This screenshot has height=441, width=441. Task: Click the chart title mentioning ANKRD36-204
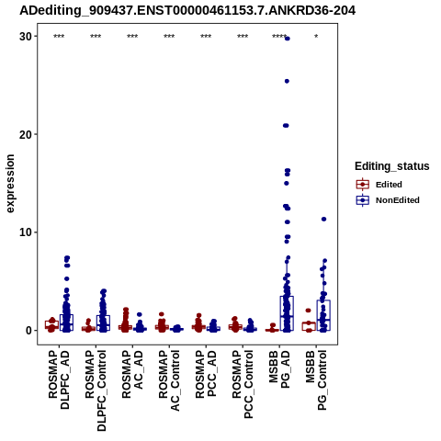[187, 11]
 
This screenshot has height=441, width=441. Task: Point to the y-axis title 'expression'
[10, 184]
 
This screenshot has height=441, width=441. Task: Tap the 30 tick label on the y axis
[26, 37]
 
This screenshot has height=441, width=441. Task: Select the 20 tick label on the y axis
[26, 134]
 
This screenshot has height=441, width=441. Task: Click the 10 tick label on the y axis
[26, 232]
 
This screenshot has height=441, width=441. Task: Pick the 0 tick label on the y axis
[28, 331]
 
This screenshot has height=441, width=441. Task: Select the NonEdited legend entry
[388, 200]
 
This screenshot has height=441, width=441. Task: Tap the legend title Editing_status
[392, 166]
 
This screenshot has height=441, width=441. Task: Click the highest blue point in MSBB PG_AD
[287, 39]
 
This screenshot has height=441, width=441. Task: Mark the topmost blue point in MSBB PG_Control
[323, 219]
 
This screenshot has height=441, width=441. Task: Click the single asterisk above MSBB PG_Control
[316, 37]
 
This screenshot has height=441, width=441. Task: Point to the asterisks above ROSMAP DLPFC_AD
[59, 37]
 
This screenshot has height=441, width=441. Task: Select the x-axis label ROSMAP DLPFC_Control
[96, 390]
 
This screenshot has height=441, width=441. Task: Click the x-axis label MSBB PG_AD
[279, 369]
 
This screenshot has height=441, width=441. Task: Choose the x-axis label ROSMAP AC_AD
[132, 374]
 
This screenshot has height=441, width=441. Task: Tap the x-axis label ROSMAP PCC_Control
[243, 384]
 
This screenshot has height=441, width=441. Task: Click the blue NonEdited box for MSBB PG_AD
[287, 313]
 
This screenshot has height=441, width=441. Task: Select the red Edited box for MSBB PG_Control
[309, 326]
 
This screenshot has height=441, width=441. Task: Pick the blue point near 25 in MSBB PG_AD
[287, 81]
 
